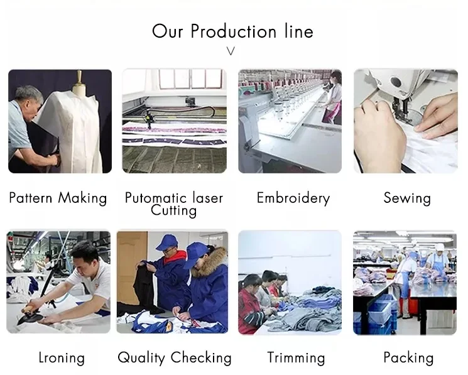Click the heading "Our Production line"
click(x=232, y=31)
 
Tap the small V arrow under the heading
click(x=231, y=51)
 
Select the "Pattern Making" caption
click(x=58, y=198)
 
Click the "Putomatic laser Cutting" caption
click(x=174, y=204)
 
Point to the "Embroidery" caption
click(x=293, y=198)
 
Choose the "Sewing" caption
click(x=407, y=198)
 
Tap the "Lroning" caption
click(x=62, y=357)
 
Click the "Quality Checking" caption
click(x=175, y=357)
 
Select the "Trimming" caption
click(x=296, y=357)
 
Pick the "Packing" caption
click(x=408, y=357)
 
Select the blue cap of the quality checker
click(x=167, y=242)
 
